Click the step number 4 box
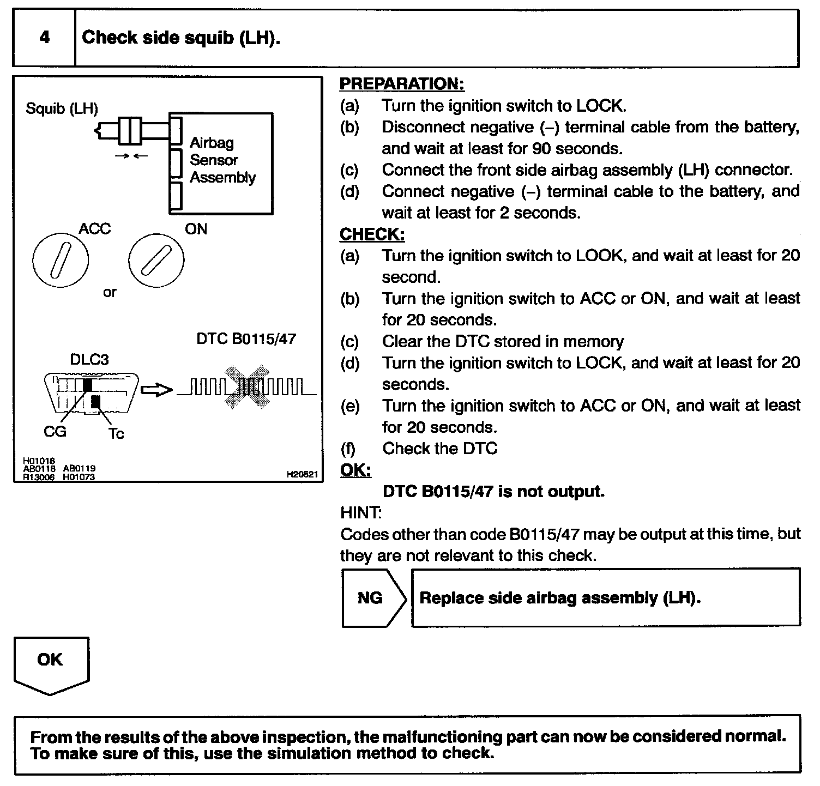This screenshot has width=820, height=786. pyautogui.click(x=44, y=38)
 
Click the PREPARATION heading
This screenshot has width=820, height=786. pyautogui.click(x=402, y=84)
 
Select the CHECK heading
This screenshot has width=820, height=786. pyautogui.click(x=372, y=234)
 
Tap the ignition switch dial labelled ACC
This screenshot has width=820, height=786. pyautogui.click(x=60, y=262)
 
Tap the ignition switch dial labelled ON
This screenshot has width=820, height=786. pyautogui.click(x=156, y=261)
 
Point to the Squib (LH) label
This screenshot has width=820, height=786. pyautogui.click(x=62, y=108)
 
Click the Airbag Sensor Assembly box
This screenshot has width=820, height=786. pyautogui.click(x=221, y=163)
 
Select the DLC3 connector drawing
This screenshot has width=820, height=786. pyautogui.click(x=91, y=393)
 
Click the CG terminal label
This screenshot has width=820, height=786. pyautogui.click(x=55, y=432)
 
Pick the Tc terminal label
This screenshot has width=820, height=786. pyautogui.click(x=116, y=434)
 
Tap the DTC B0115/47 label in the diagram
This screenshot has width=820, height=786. pyautogui.click(x=246, y=339)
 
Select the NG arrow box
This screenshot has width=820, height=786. pyautogui.click(x=373, y=598)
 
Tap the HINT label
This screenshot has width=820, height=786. pyautogui.click(x=360, y=513)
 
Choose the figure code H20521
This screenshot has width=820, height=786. pyautogui.click(x=302, y=474)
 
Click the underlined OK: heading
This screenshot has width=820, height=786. pyautogui.click(x=355, y=470)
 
